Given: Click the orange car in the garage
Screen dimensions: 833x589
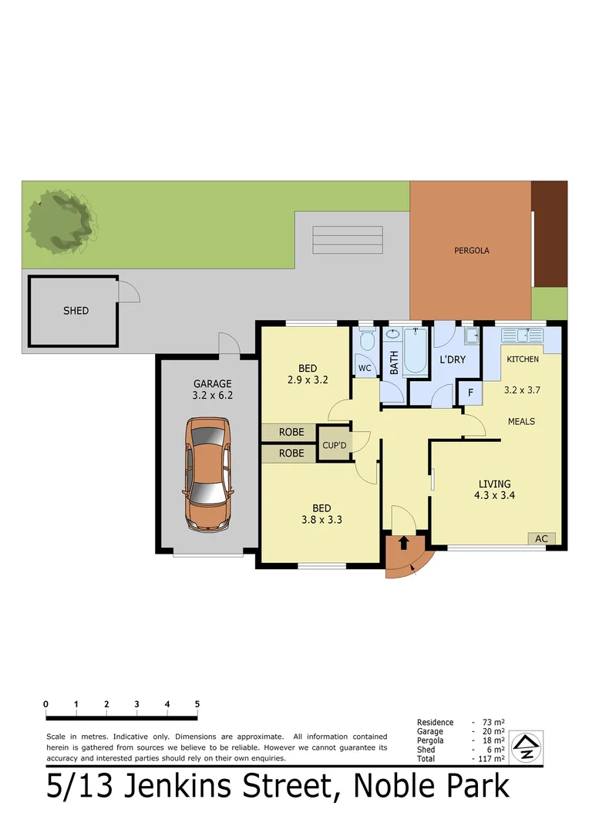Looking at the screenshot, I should pyautogui.click(x=207, y=474).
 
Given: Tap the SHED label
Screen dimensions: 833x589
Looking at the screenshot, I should pyautogui.click(x=76, y=311).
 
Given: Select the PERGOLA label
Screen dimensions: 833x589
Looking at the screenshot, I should pyautogui.click(x=471, y=251).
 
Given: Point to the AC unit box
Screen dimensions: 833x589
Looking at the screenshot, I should pyautogui.click(x=541, y=539).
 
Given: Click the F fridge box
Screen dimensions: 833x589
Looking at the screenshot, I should pyautogui.click(x=470, y=392).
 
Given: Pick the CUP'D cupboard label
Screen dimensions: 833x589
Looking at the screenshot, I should pyautogui.click(x=335, y=445).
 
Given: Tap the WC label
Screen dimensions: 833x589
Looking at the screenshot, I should pyautogui.click(x=365, y=369).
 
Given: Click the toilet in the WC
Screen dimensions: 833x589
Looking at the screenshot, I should pyautogui.click(x=367, y=342).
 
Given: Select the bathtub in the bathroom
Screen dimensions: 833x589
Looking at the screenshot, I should pyautogui.click(x=415, y=351).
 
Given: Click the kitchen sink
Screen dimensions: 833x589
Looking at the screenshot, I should pyautogui.click(x=523, y=336).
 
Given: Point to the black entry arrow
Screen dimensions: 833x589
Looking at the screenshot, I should pyautogui.click(x=403, y=543).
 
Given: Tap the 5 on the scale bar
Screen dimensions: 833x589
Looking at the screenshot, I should pyautogui.click(x=197, y=703).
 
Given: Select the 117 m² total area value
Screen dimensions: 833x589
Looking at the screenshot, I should pyautogui.click(x=492, y=759).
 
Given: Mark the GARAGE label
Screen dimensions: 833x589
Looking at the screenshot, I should pyautogui.click(x=212, y=383).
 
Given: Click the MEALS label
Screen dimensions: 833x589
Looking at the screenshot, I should pyautogui.click(x=521, y=421).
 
